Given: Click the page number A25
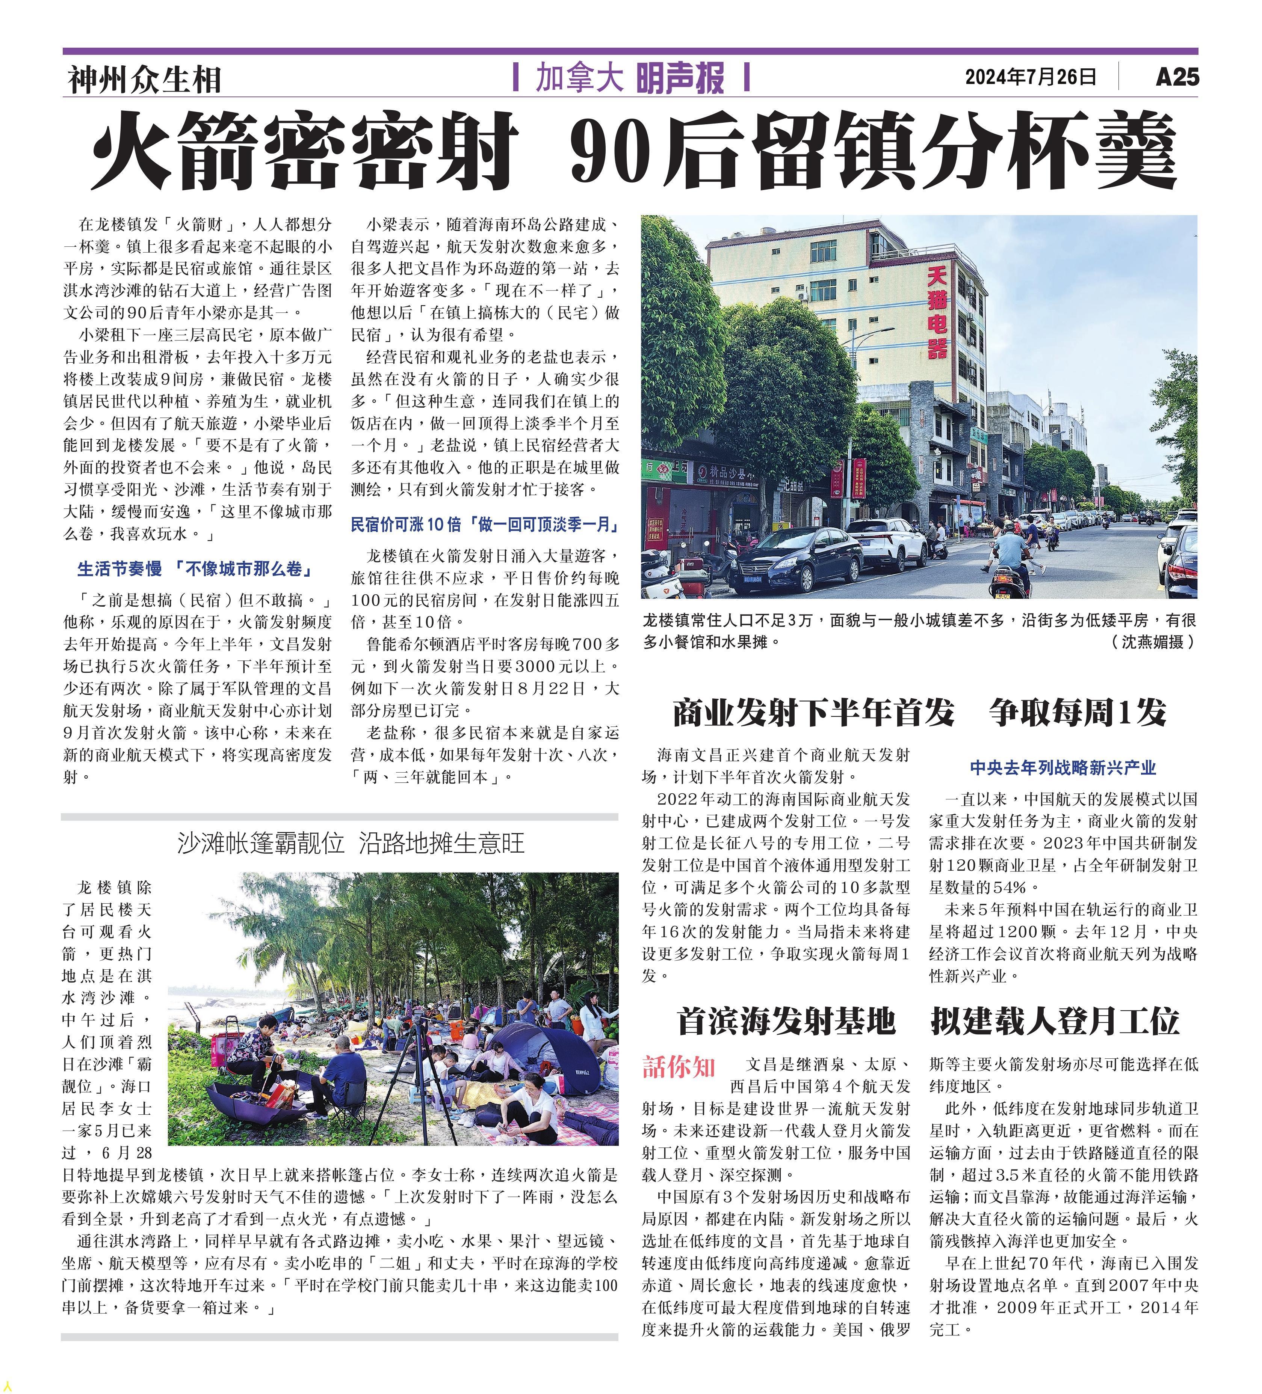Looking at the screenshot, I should click(1176, 77).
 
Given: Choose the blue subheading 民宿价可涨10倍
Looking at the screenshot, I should click(484, 525).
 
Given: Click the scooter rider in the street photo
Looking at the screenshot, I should click(1011, 553).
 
